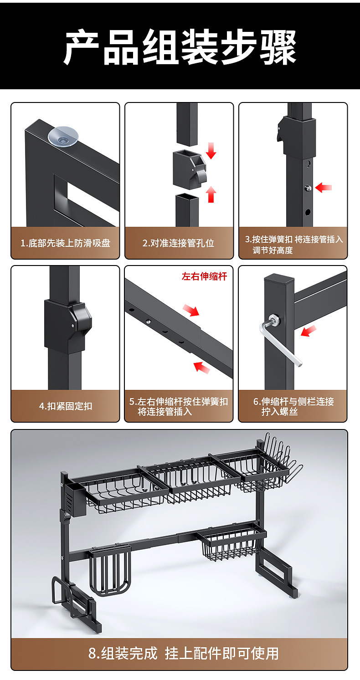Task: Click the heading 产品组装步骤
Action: pyautogui.click(x=180, y=47)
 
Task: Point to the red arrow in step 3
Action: pyautogui.click(x=324, y=187)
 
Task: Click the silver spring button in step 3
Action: pyautogui.click(x=309, y=188)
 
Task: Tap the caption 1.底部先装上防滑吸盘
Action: pyautogui.click(x=65, y=243)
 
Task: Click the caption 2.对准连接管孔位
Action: pyautogui.click(x=179, y=243)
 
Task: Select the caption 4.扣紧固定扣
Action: pyautogui.click(x=65, y=406)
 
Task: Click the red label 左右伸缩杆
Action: pyautogui.click(x=204, y=276)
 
